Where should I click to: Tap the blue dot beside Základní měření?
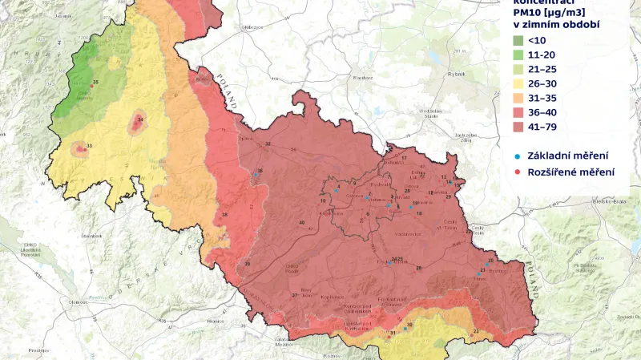[x=518, y=155]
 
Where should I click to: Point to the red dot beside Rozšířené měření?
[x=518, y=172]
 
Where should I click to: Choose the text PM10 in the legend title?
[x=527, y=11]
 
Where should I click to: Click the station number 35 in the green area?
[x=96, y=83]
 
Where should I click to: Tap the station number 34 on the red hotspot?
[x=140, y=120]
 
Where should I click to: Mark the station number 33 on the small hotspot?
[x=88, y=146]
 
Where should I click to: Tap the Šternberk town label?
[x=90, y=236]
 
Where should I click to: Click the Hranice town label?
[x=215, y=320]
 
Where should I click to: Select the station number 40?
[x=301, y=222]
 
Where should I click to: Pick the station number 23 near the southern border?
[x=476, y=330]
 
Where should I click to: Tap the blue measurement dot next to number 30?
[x=405, y=329]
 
